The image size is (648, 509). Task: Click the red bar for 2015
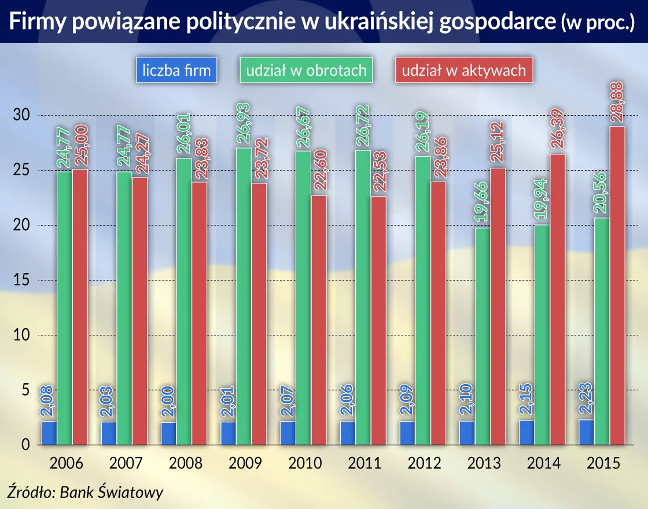617,286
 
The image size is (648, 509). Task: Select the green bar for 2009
244,296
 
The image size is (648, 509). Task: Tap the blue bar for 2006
49,433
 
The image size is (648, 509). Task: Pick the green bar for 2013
483,336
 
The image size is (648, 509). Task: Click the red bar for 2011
378,320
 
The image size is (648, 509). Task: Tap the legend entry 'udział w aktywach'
463,70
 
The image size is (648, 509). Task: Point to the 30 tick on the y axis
21,116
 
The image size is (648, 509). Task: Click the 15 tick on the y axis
21,281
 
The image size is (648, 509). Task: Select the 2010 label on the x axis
305,464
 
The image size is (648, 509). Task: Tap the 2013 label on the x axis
483,464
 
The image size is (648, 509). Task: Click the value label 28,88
617,101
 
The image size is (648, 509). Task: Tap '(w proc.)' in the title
598,23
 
